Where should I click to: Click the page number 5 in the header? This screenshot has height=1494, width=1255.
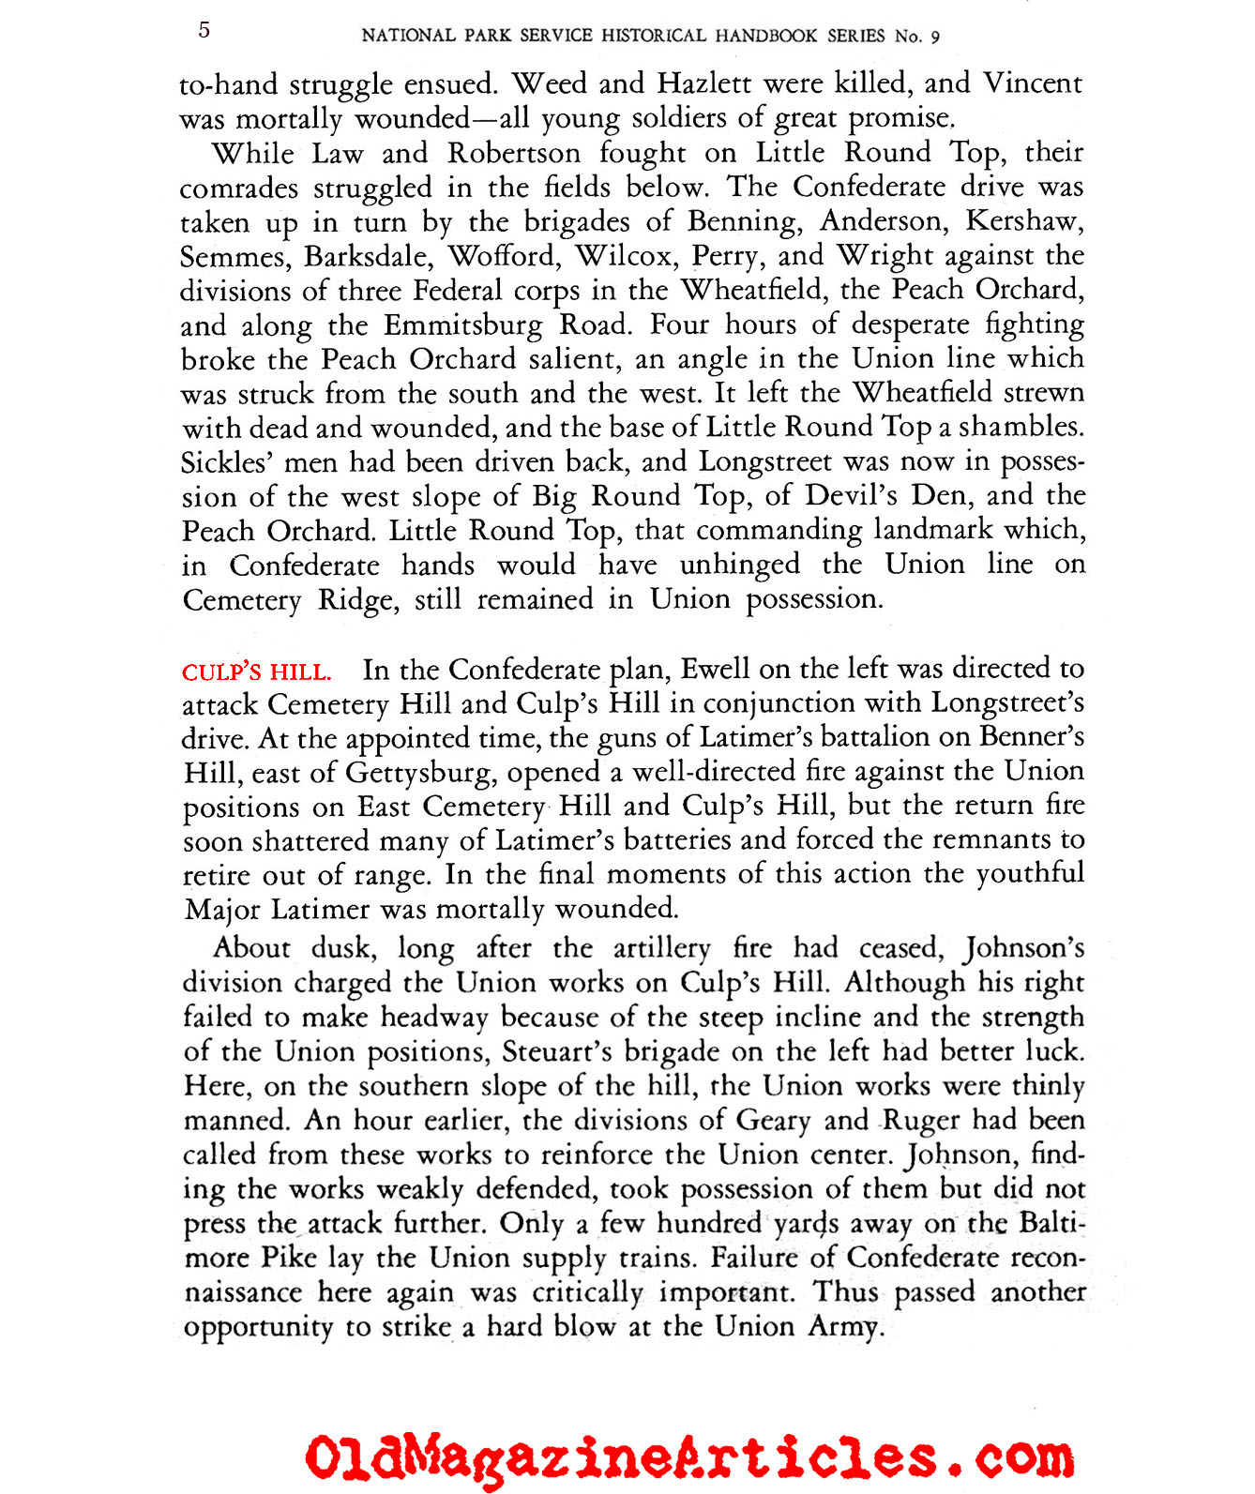(204, 30)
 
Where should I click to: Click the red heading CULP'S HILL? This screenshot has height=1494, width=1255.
(256, 672)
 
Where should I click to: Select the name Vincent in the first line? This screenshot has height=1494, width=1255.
(1033, 83)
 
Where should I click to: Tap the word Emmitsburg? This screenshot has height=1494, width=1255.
(462, 325)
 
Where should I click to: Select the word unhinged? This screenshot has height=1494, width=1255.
(739, 565)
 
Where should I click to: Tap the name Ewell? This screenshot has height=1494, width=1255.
(716, 669)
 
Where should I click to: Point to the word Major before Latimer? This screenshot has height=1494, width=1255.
(223, 910)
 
